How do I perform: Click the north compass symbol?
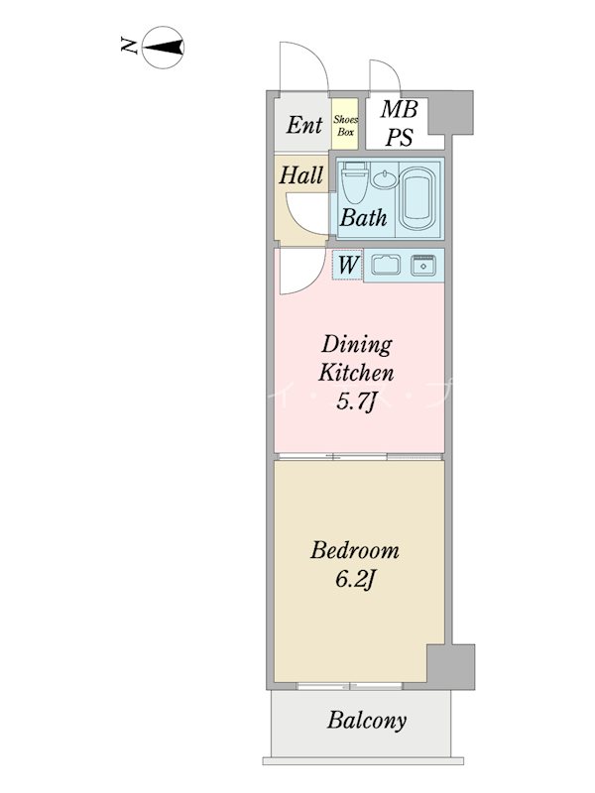(163, 48)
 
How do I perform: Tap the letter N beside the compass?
(130, 46)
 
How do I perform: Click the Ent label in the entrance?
(304, 125)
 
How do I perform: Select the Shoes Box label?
(345, 126)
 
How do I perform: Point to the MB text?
(400, 109)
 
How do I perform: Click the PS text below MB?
(400, 137)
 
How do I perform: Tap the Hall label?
(301, 175)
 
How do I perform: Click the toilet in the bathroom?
(354, 182)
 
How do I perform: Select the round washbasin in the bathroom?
(386, 178)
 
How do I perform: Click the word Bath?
(363, 217)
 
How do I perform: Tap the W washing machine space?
(348, 265)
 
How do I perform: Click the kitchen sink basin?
(386, 265)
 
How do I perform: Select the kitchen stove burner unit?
(423, 265)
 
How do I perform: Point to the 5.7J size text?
(357, 402)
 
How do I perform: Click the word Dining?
(357, 346)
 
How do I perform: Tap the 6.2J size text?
(355, 579)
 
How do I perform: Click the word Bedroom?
(355, 550)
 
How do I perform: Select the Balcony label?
(366, 721)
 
